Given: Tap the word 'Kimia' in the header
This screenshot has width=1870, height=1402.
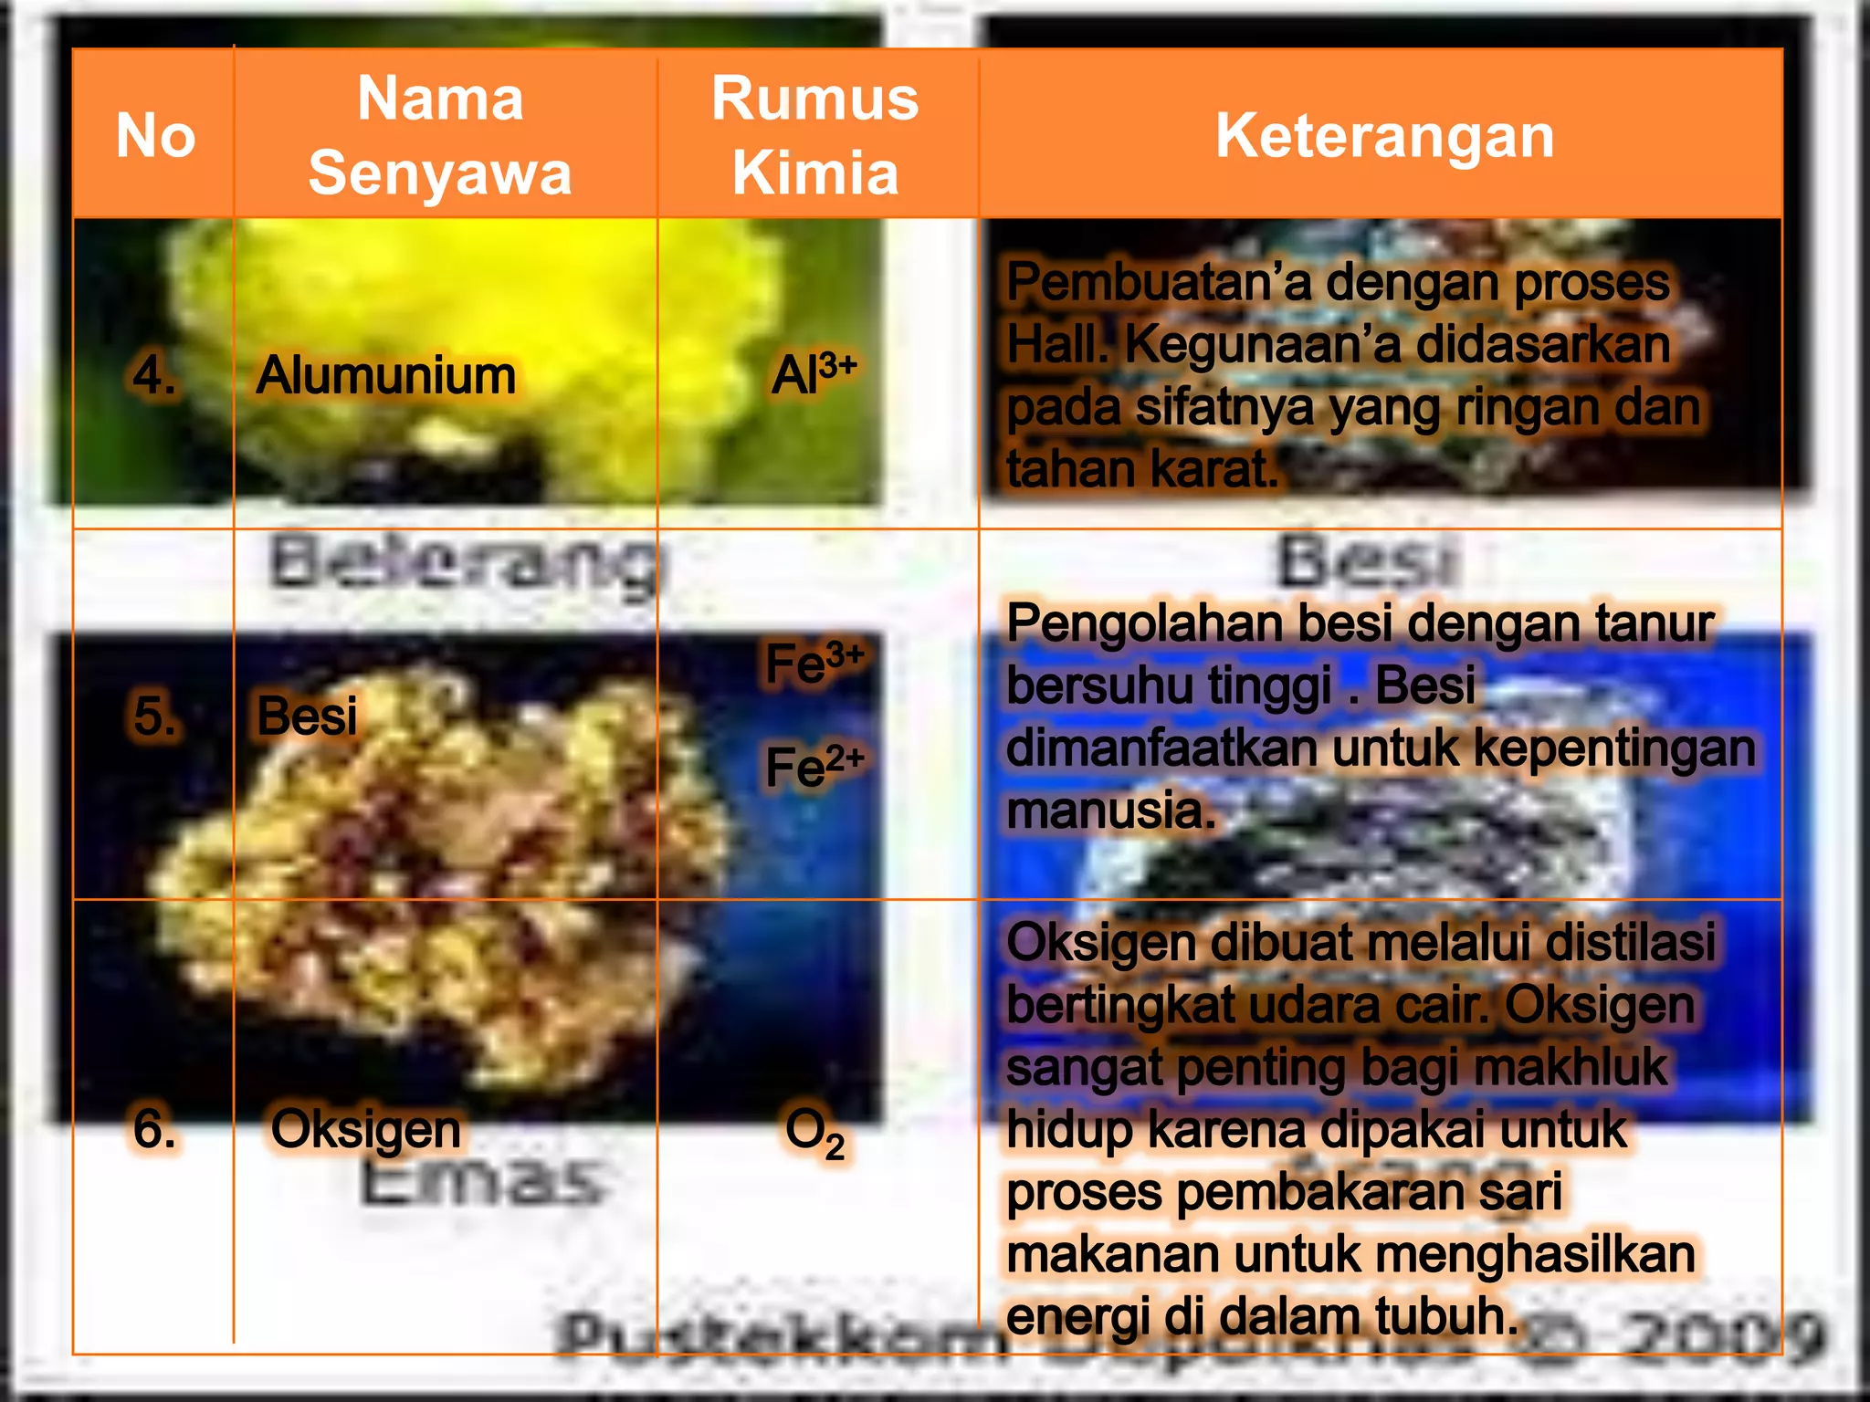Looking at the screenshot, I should coord(815,173).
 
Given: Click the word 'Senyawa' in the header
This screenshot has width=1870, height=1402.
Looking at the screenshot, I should coord(440,173).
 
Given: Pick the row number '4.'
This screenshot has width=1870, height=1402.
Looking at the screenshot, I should coord(153,375).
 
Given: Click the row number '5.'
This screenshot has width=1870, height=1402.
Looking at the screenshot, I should coord(153,715).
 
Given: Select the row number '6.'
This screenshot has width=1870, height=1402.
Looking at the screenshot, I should coord(153,1129).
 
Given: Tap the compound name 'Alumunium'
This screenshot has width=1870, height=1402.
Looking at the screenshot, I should coord(385,375).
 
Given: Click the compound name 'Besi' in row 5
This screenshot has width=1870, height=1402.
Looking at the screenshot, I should coord(307,715).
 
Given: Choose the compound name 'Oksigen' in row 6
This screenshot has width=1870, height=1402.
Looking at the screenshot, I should coord(366,1129).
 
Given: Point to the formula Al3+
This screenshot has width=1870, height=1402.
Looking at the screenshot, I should coord(814,373).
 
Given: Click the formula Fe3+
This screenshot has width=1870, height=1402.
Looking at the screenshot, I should coord(814,663).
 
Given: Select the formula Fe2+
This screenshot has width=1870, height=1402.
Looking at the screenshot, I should coord(814,765).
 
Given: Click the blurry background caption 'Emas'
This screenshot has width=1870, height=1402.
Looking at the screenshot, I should coord(479,1183).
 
